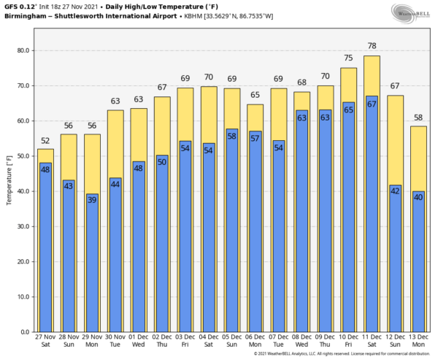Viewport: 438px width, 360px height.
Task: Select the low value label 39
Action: click(91, 199)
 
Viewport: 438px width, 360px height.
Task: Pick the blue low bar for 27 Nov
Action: click(45, 248)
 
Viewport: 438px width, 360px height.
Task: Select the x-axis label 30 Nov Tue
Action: click(115, 344)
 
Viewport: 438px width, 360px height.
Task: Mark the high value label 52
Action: click(45, 141)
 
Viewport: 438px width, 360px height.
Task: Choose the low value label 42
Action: click(394, 191)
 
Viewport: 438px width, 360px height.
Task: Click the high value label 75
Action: click(348, 58)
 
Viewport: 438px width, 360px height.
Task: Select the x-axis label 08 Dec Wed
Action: click(301, 344)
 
